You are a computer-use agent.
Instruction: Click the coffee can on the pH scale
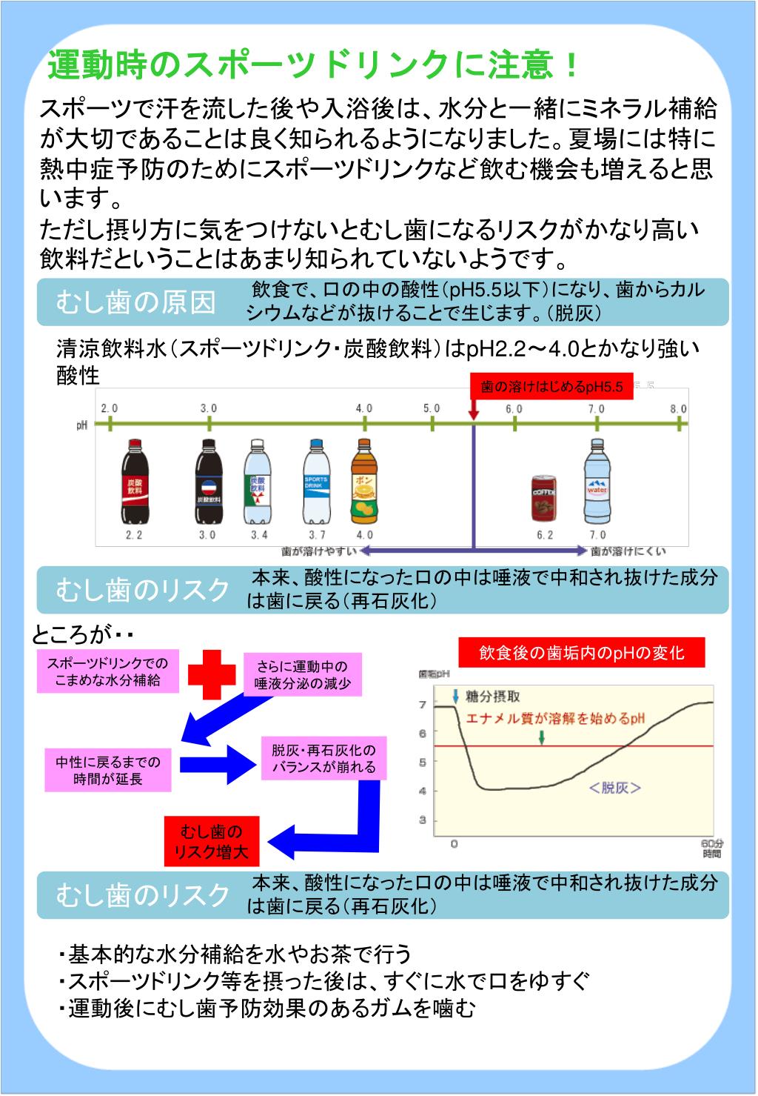tap(544, 498)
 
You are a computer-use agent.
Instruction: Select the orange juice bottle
tap(363, 482)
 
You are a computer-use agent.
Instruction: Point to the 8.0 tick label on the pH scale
tap(678, 409)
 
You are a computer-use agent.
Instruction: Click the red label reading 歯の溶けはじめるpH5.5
tap(552, 386)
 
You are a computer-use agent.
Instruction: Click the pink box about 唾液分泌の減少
tap(302, 674)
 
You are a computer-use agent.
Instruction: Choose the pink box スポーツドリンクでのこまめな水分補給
tap(108, 671)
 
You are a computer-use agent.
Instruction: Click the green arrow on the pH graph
tap(543, 737)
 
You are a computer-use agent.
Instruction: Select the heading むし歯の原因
tap(135, 302)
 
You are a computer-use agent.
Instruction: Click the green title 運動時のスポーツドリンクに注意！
tap(313, 66)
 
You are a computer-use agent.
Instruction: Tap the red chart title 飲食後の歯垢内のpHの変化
tap(581, 652)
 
